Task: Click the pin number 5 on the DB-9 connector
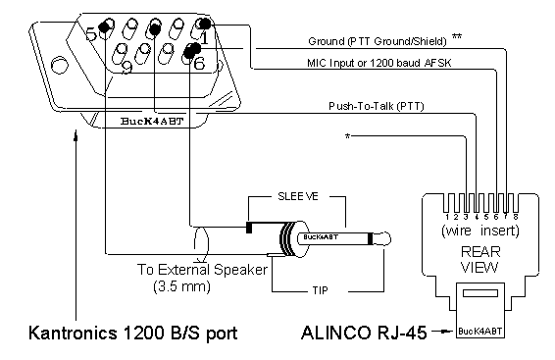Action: [x=91, y=34]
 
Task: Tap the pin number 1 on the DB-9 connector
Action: [x=205, y=37]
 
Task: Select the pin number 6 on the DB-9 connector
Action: [x=199, y=63]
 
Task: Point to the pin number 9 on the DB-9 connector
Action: [x=126, y=68]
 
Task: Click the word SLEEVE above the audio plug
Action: [x=298, y=196]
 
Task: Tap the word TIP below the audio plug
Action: [x=320, y=291]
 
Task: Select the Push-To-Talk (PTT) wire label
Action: [x=377, y=106]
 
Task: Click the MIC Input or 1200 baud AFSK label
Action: [x=379, y=63]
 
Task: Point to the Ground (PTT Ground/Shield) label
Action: [x=377, y=41]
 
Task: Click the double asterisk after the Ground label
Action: [x=457, y=36]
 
